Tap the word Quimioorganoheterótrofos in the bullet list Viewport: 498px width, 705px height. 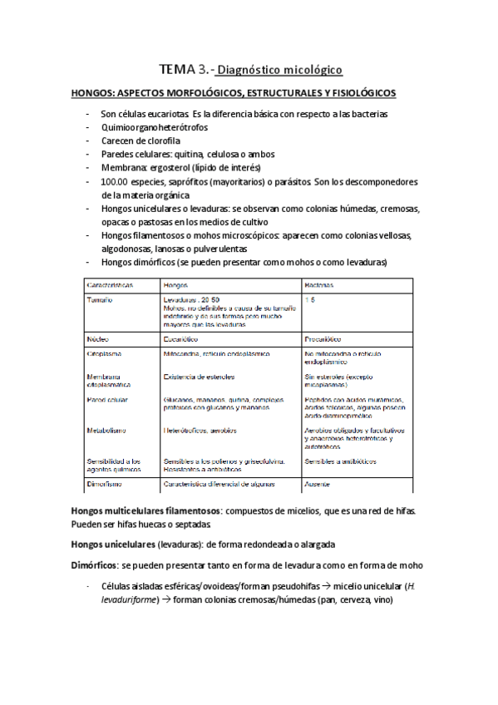pyautogui.click(x=154, y=127)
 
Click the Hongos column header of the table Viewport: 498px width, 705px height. pyautogui.click(x=180, y=284)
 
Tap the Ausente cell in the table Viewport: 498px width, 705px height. pyautogui.click(x=320, y=483)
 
